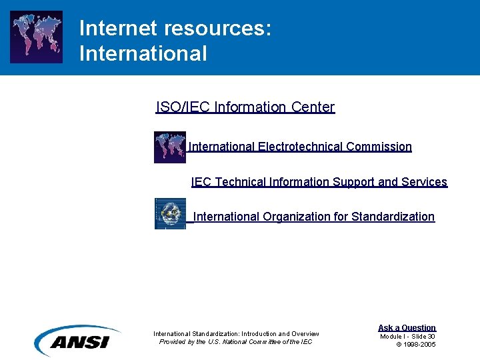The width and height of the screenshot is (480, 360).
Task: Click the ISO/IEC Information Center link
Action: pyautogui.click(x=245, y=107)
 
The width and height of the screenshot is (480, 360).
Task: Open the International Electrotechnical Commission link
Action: pyautogui.click(x=300, y=147)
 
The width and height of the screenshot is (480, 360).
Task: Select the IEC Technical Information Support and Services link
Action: pyautogui.click(x=319, y=182)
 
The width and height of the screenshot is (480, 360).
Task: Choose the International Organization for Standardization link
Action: pyautogui.click(x=313, y=217)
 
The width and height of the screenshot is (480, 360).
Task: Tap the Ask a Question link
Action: pyautogui.click(x=407, y=327)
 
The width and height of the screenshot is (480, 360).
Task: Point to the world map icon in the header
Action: pyautogui.click(x=37, y=37)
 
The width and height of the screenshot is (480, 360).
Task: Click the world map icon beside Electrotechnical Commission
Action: pyautogui.click(x=170, y=147)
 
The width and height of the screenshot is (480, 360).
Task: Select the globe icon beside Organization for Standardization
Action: pyautogui.click(x=170, y=213)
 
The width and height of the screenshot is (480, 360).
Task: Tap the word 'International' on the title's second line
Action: pyautogui.click(x=143, y=53)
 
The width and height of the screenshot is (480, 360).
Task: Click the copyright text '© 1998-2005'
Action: pyautogui.click(x=416, y=344)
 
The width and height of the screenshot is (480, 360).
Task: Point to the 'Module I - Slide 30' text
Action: pyautogui.click(x=407, y=336)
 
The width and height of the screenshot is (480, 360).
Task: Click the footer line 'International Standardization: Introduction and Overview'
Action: pyautogui.click(x=236, y=334)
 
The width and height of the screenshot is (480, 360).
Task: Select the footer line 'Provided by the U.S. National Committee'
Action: pyautogui.click(x=235, y=342)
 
